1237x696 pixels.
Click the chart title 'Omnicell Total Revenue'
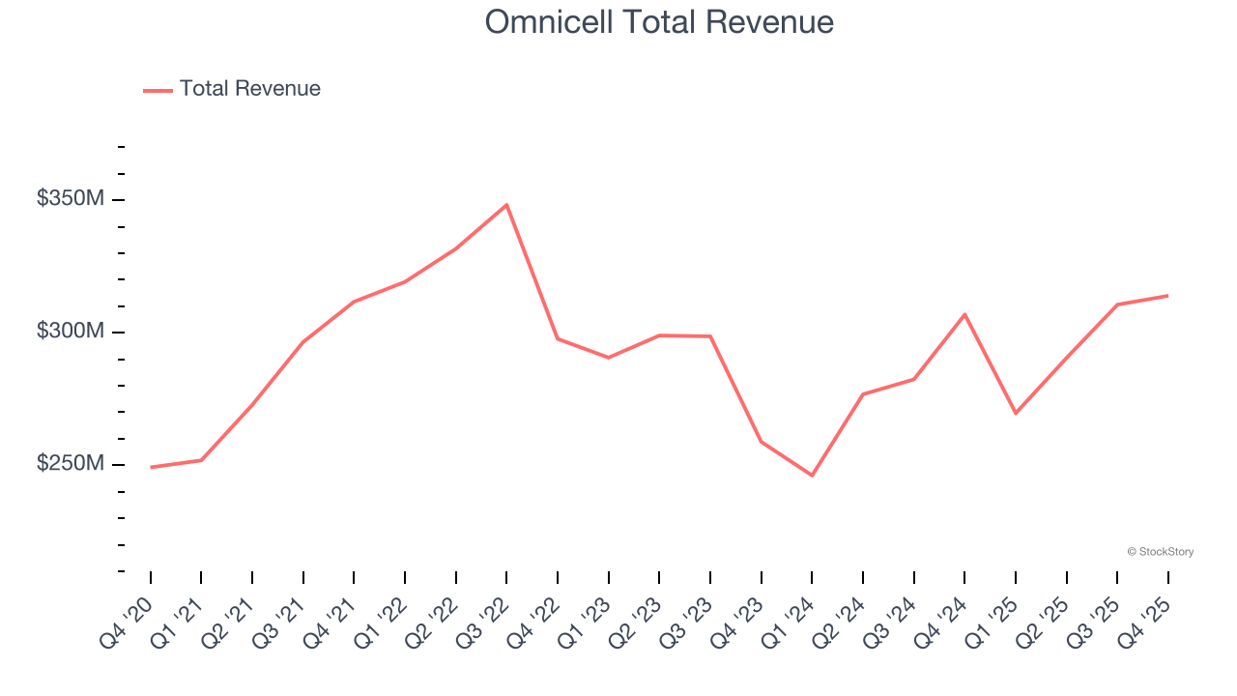tap(658, 21)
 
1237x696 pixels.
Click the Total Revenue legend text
tap(249, 89)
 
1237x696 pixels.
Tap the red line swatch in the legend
tap(158, 90)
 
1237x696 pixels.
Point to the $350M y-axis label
tap(70, 199)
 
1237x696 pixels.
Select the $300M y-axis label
tap(70, 332)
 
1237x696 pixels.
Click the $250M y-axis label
tap(70, 464)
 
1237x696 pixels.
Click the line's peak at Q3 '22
tap(506, 205)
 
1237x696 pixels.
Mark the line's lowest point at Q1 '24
tap(812, 476)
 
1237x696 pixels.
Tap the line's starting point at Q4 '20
tap(151, 467)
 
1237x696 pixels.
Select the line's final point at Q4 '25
tap(1167, 296)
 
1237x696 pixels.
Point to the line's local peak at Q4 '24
tap(964, 314)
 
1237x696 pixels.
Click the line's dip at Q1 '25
tap(1016, 413)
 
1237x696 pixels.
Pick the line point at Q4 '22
tap(558, 338)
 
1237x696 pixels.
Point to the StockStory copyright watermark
tap(1160, 552)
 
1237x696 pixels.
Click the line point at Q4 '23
tap(762, 442)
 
